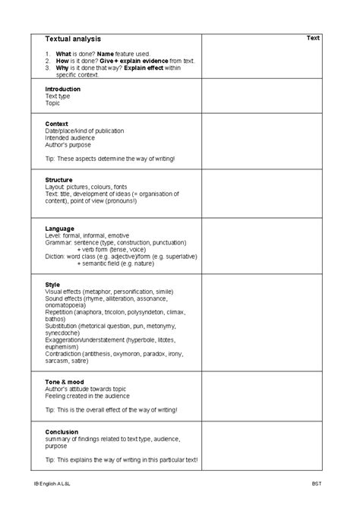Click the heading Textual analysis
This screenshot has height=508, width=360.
[x=73, y=39]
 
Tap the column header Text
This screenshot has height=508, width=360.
[x=313, y=37]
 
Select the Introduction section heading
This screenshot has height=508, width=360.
[x=63, y=89]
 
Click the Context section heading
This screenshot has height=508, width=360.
[x=57, y=124]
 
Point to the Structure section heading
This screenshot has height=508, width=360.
[x=59, y=180]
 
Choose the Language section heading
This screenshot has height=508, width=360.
[x=60, y=229]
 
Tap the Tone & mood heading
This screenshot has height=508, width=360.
[x=65, y=381]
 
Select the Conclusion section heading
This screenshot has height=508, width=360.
[x=62, y=431]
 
